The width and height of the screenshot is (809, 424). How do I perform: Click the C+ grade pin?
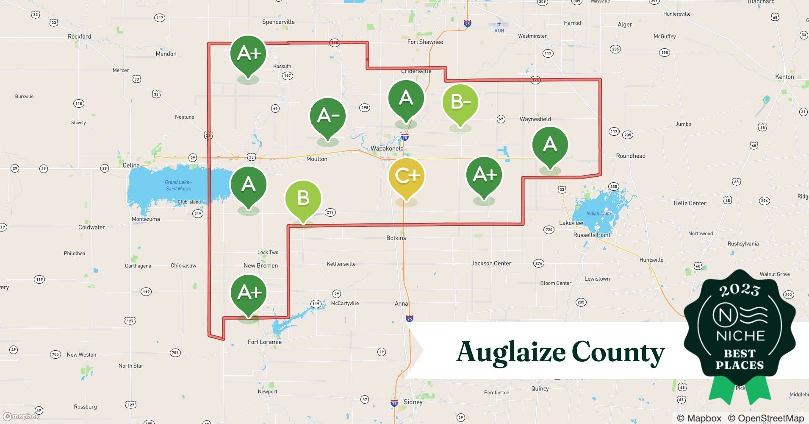(406, 176)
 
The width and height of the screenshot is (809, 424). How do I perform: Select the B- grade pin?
(460, 103)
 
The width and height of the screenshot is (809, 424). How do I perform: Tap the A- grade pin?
(327, 115)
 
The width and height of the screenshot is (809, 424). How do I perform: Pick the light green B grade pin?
(303, 198)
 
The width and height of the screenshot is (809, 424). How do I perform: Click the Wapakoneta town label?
(387, 148)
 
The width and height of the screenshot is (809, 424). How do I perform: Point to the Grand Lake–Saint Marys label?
(178, 185)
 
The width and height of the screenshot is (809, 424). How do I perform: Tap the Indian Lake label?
(598, 213)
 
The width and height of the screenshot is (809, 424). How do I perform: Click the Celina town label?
(131, 165)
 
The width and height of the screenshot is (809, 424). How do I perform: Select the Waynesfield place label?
(535, 119)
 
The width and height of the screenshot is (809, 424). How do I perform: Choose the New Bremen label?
(260, 265)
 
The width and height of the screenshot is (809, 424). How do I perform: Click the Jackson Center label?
(491, 263)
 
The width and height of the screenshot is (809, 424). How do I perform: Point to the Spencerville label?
(278, 22)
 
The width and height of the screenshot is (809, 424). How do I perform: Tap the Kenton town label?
(784, 77)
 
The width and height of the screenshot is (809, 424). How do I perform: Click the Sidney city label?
(413, 402)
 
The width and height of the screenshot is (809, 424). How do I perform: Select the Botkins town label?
(396, 238)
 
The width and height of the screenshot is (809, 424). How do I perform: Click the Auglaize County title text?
(560, 352)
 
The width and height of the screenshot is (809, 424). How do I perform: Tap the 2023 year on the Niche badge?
(740, 290)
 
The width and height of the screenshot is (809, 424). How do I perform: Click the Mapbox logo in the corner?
(21, 416)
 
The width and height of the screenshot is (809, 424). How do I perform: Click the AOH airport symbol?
(499, 24)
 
